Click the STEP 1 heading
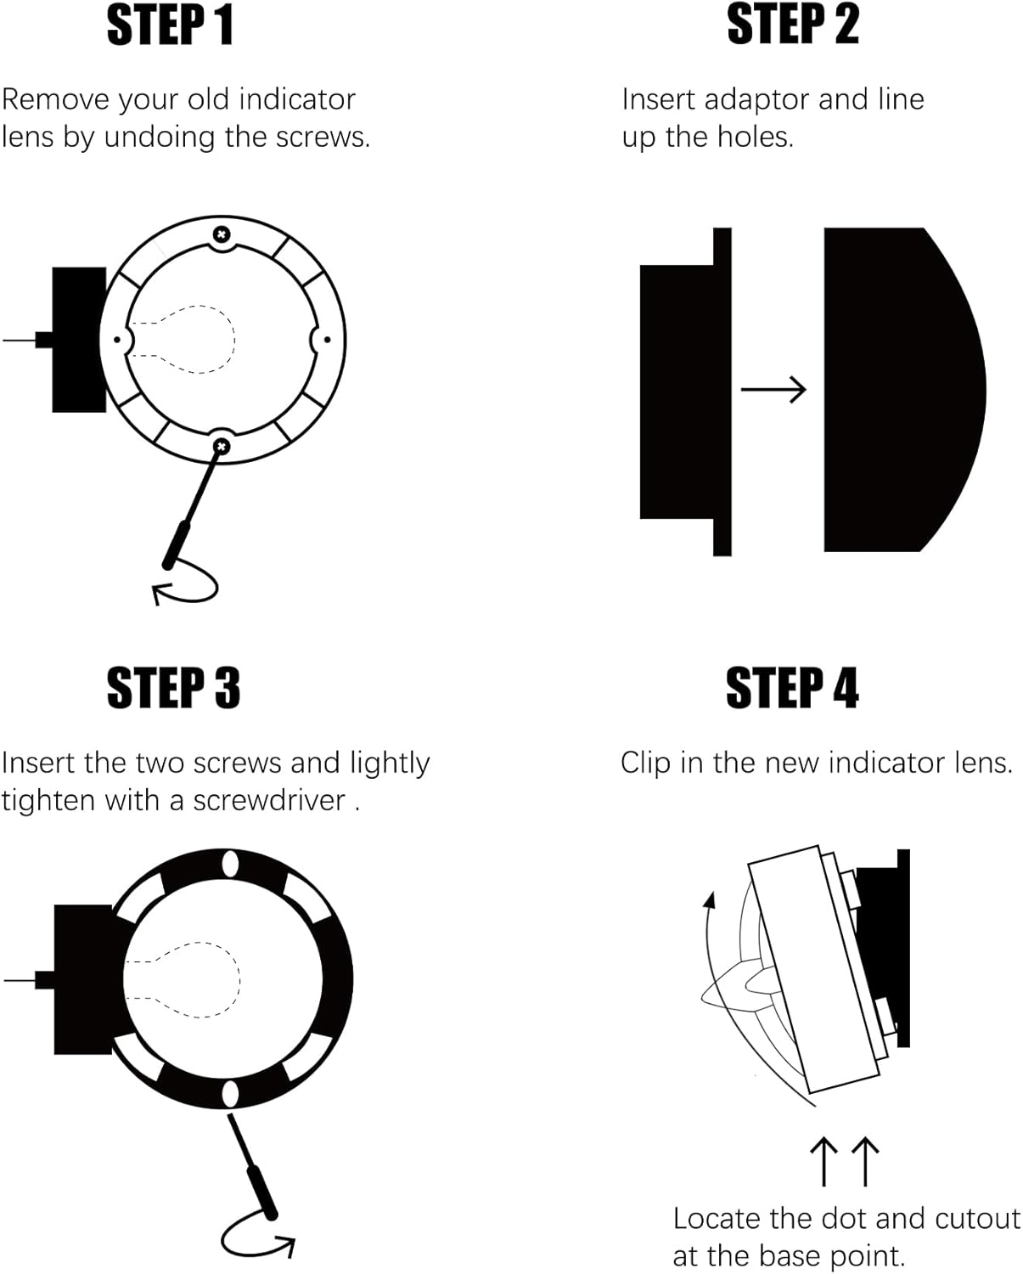[170, 25]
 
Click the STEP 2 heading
[793, 25]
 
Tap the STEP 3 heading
[173, 688]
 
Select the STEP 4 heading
[792, 688]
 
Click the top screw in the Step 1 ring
[222, 234]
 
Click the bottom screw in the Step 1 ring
[222, 445]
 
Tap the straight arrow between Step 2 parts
[773, 389]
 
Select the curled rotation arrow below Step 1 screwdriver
[188, 585]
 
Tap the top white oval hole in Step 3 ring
[229, 865]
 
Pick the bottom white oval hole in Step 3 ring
[230, 1093]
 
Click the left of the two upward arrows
[823, 1161]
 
